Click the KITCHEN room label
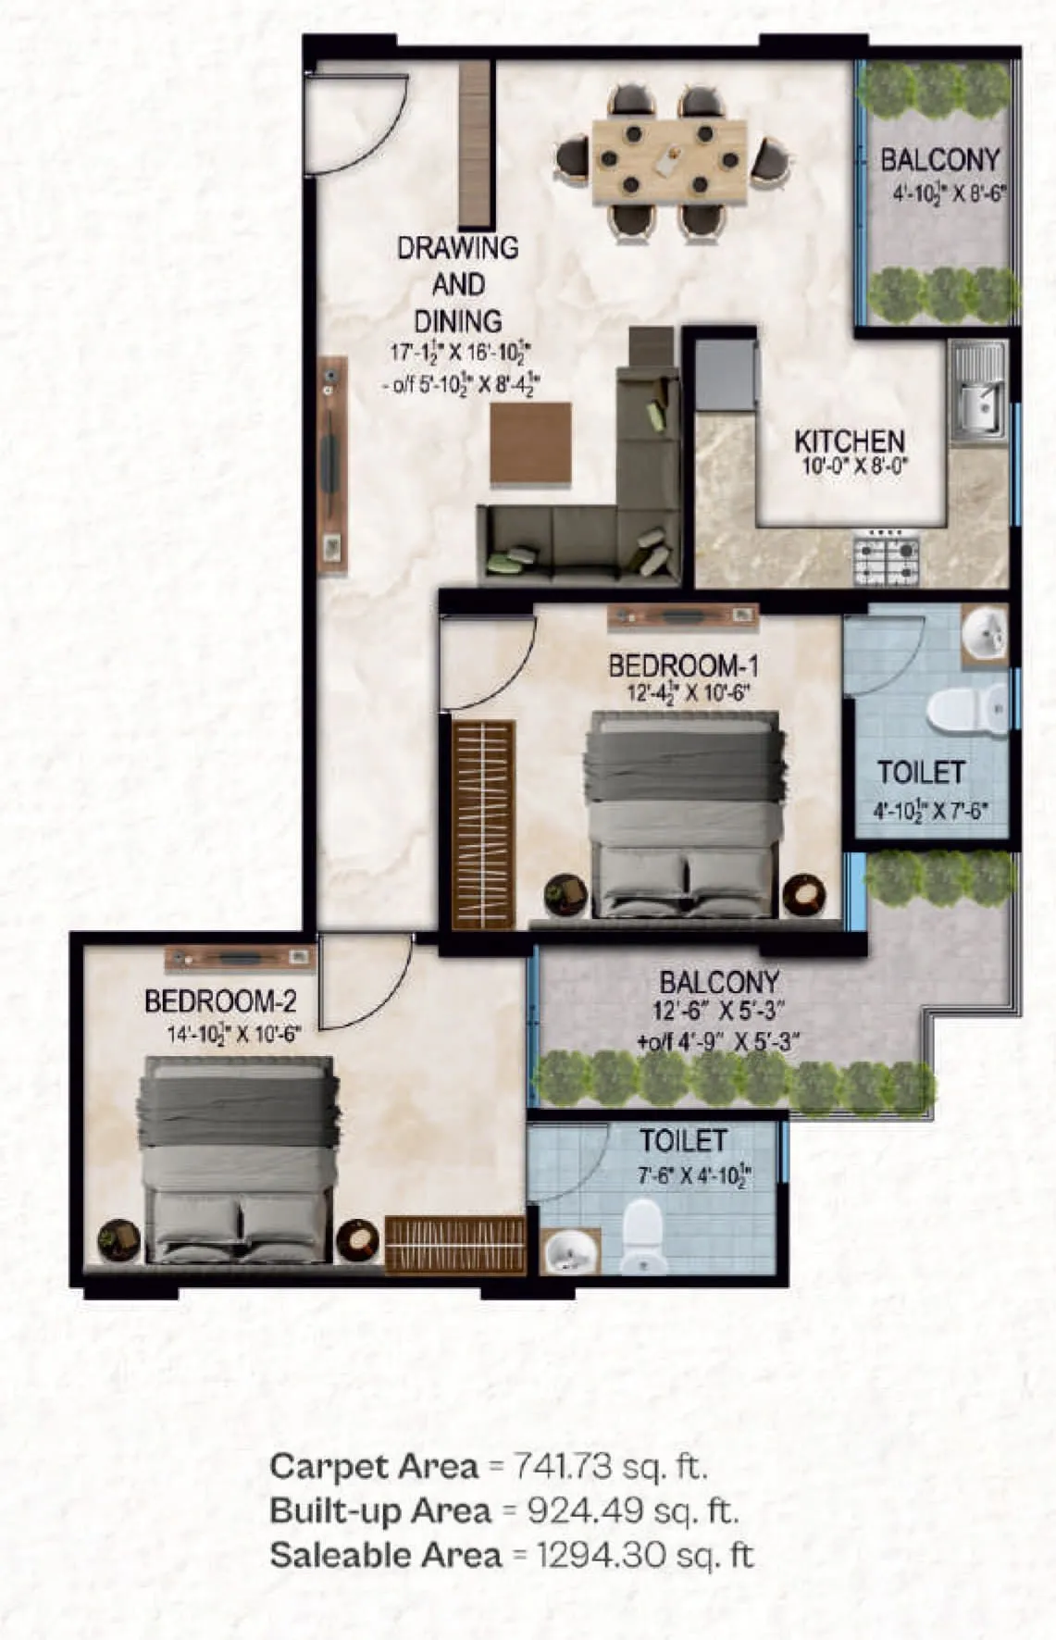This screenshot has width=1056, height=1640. [x=849, y=441]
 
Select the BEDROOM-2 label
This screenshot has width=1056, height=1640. [x=220, y=1001]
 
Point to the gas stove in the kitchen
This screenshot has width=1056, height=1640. [x=886, y=558]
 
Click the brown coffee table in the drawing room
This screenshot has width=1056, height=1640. [x=529, y=442]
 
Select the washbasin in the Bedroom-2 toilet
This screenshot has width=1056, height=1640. [x=571, y=1251]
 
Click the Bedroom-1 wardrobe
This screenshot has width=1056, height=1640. [x=483, y=824]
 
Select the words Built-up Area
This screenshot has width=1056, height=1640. [x=380, y=1510]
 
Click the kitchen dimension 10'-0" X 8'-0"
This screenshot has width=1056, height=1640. [x=849, y=466]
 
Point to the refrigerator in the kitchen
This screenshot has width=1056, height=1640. [x=726, y=374]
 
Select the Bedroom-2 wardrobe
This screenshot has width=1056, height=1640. [x=453, y=1244]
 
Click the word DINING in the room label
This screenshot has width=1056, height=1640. [x=457, y=321]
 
